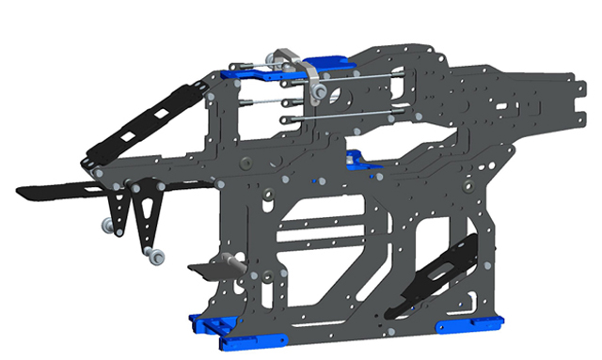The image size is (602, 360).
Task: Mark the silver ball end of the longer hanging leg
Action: tap(155, 255)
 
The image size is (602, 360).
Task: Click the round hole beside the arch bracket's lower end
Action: tap(335, 93)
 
